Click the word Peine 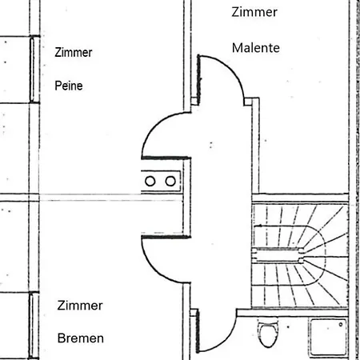point(69,86)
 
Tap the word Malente point(256,48)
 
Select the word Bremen point(81,338)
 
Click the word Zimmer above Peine point(74,52)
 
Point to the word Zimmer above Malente point(254,12)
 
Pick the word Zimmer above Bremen point(80,306)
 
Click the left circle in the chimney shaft point(150,182)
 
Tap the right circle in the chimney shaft point(170,182)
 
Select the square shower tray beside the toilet point(329,338)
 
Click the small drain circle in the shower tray point(341,325)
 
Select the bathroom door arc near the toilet point(226,339)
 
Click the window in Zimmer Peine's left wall point(32,70)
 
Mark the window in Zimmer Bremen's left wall point(32,326)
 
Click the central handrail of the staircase point(278,254)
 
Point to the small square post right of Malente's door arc point(248,102)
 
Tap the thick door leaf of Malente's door point(198,77)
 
